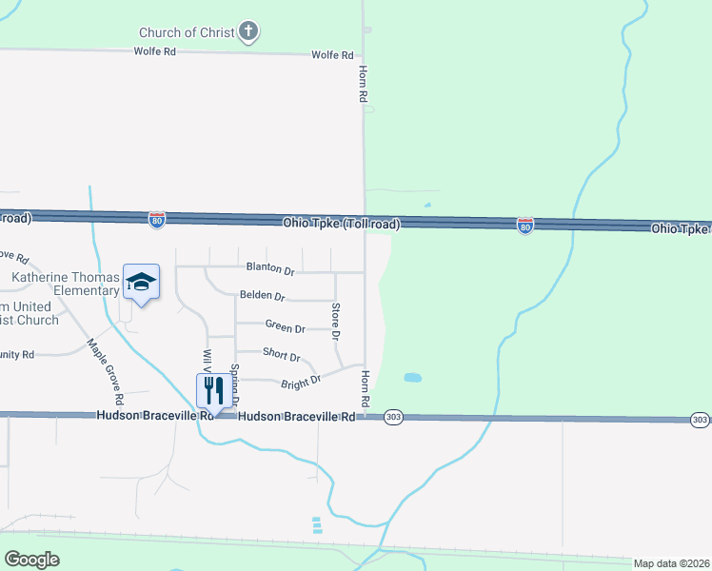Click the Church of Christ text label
coord(187,32)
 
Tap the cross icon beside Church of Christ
coord(248,32)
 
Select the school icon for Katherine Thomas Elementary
coord(141,282)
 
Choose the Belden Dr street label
coord(263,296)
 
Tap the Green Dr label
coord(285,327)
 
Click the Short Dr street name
coord(281,356)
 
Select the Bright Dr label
coord(301,382)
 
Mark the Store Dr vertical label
coord(335,322)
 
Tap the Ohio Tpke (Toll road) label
coord(341,224)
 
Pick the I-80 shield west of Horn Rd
coord(157,221)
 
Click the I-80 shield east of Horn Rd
coord(524,225)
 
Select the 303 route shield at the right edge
coord(700,420)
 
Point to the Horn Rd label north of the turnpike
coord(363,84)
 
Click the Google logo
coord(31,560)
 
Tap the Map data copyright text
coord(671,563)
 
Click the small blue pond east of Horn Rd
coord(412,378)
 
